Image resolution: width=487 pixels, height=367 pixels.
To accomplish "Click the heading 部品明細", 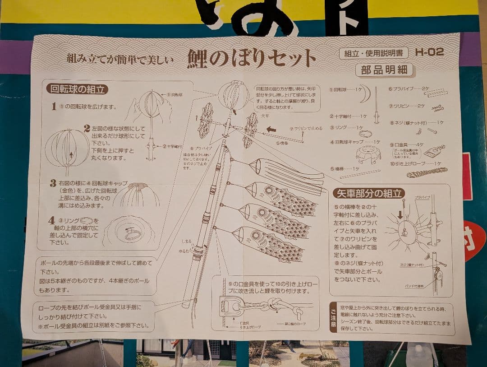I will pyautogui.click(x=384, y=70).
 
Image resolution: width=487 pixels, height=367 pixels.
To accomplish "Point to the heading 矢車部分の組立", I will pyautogui.click(x=368, y=193).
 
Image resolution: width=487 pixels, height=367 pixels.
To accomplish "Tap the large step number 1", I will pyautogui.click(x=54, y=107).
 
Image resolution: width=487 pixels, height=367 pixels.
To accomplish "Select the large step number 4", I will pyautogui.click(x=52, y=221).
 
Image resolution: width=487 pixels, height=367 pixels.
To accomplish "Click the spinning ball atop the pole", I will pyautogui.click(x=234, y=95).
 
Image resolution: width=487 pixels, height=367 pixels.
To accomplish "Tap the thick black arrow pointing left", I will pyautogui.click(x=271, y=129).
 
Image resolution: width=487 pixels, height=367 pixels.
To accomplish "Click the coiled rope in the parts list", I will pyautogui.click(x=426, y=172).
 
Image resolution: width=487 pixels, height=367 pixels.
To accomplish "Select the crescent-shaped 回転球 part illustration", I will pyautogui.click(x=366, y=94).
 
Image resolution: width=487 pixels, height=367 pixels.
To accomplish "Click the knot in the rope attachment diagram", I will pyautogui.click(x=272, y=306).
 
